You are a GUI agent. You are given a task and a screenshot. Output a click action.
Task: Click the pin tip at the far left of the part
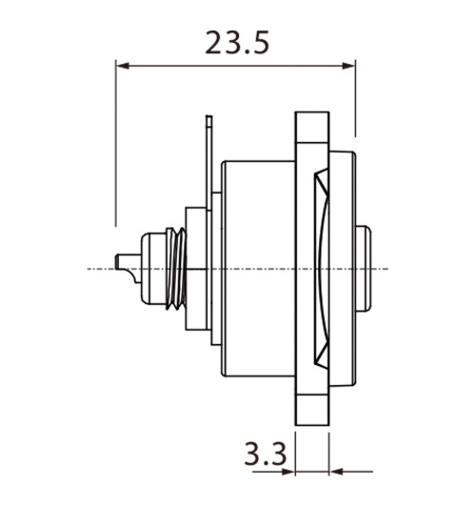(x=119, y=260)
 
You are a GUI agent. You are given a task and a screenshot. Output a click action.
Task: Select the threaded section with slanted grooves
(x=173, y=269)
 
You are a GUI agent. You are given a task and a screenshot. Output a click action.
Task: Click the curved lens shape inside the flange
(x=322, y=269)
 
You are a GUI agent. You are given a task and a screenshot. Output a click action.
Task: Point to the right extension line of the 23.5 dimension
(x=355, y=100)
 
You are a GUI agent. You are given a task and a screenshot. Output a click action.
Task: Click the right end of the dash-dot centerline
(x=386, y=269)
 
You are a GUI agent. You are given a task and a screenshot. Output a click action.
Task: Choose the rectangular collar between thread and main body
(x=196, y=269)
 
